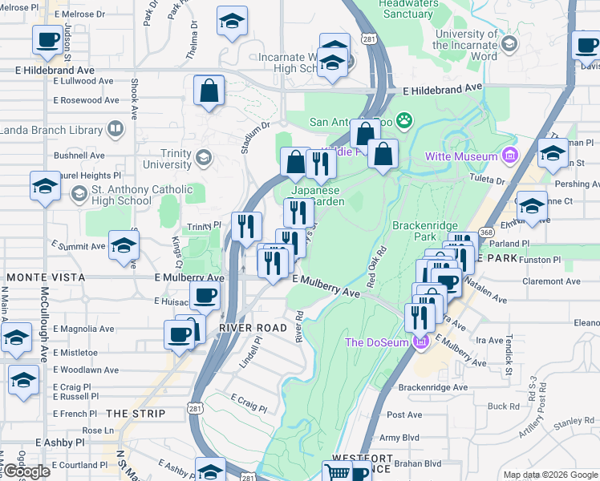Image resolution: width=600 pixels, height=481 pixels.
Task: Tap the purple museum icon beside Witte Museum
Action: (507, 155)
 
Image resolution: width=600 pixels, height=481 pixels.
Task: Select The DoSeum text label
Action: (377, 342)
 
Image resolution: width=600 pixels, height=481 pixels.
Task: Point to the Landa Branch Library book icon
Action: (116, 129)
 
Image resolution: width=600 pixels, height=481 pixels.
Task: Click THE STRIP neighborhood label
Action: (136, 414)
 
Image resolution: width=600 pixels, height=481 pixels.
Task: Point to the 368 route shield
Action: (486, 232)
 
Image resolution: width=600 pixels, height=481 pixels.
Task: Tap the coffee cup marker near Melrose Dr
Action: (48, 39)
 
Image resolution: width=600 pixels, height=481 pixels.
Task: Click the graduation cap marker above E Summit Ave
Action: (124, 245)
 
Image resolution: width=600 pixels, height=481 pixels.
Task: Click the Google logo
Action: (26, 471)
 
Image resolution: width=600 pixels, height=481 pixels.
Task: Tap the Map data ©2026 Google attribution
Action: (549, 475)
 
